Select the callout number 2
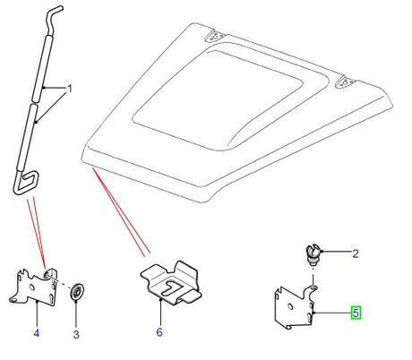pyautogui.click(x=354, y=254)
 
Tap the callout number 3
pyautogui.click(x=75, y=334)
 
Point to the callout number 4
pyautogui.click(x=37, y=334)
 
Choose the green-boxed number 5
pyautogui.click(x=356, y=313)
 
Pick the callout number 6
pyautogui.click(x=160, y=333)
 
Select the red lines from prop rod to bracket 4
pyautogui.click(x=37, y=231)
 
